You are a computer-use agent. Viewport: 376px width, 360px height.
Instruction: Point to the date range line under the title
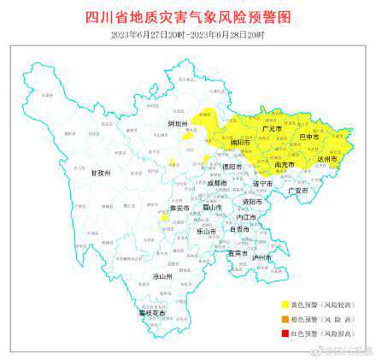tap(188, 34)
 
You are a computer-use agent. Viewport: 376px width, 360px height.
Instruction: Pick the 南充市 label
tap(285, 164)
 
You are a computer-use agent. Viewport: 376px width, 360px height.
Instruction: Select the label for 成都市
tap(216, 182)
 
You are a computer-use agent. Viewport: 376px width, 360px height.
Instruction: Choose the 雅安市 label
tap(178, 208)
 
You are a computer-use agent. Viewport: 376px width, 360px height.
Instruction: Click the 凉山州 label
tap(162, 276)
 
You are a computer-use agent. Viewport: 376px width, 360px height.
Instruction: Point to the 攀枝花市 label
tap(151, 313)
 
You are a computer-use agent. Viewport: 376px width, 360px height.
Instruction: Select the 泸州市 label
tap(261, 257)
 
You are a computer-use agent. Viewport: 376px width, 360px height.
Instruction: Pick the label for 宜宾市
tap(237, 253)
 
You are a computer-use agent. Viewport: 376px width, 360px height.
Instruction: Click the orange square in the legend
tap(285, 318)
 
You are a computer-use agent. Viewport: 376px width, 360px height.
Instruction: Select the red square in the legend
tap(285, 332)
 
